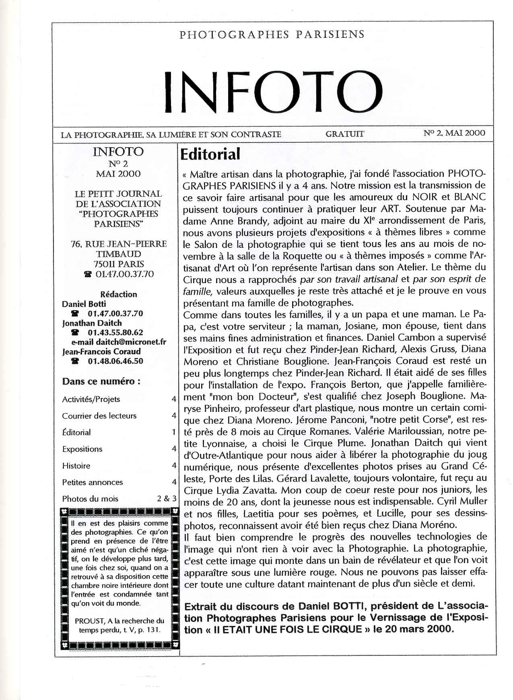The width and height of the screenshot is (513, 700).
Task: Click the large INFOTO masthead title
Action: click(273, 93)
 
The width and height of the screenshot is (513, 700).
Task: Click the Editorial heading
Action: click(210, 154)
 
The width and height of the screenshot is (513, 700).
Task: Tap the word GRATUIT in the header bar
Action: click(345, 134)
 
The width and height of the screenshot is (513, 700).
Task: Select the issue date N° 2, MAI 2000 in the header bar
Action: click(454, 133)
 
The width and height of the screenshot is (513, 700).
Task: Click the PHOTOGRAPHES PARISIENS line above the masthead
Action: click(272, 35)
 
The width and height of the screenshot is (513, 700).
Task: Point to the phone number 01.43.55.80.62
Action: click(115, 333)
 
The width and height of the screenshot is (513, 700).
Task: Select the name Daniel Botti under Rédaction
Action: click(84, 304)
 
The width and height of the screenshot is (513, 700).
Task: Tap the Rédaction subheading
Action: click(118, 294)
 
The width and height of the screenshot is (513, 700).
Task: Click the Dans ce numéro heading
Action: click(101, 381)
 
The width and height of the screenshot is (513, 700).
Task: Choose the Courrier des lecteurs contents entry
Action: click(99, 416)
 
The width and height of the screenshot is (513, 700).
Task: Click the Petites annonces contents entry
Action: click(93, 482)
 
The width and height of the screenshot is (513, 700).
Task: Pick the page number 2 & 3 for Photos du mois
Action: click(167, 499)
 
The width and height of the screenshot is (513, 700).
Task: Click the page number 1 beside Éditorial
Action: click(174, 432)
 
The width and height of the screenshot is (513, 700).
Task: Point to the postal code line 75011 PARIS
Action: click(119, 264)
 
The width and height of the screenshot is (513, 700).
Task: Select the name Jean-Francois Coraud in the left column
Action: click(101, 352)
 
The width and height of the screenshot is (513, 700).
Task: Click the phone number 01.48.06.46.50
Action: click(115, 361)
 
